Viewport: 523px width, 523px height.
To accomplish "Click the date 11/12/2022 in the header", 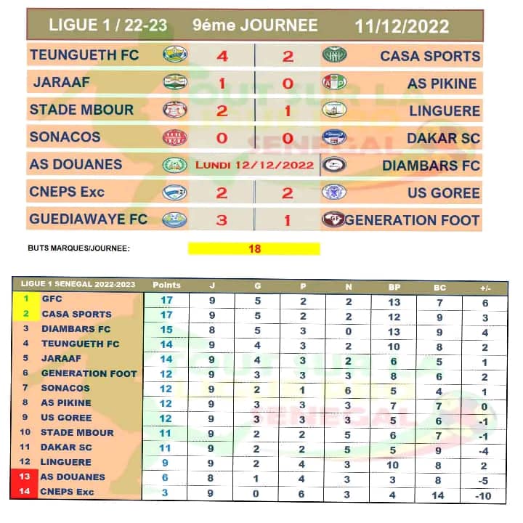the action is [402, 27].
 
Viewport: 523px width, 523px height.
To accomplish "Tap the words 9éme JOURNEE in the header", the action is [255, 26].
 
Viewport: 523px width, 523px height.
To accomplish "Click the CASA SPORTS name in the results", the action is [430, 56].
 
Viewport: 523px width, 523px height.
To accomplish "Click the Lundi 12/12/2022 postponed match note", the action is [255, 166].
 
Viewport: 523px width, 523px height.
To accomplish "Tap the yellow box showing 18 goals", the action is [254, 248].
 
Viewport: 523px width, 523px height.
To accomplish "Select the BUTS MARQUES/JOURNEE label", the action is [78, 248].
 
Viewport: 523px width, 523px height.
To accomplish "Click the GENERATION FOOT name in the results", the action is [412, 220].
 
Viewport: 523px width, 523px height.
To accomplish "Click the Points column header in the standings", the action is [166, 284].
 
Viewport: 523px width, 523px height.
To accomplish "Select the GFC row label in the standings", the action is [52, 299].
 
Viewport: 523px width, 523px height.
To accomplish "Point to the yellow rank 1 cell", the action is [27, 299].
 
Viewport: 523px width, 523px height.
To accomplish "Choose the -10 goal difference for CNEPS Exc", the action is [483, 495].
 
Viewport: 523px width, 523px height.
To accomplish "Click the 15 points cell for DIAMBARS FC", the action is [166, 329].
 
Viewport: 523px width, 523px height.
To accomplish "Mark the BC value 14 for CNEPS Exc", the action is [437, 495].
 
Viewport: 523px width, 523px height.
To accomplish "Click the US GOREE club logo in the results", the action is [334, 192].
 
